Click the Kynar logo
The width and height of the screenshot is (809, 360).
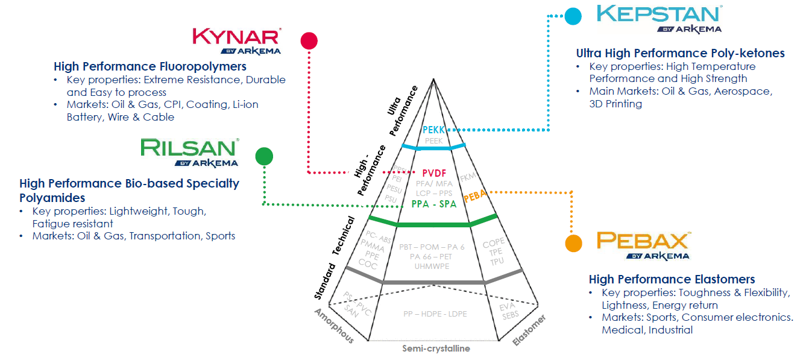click(236, 40)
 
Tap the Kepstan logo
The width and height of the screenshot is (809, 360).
click(658, 19)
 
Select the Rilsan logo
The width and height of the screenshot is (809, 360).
click(189, 152)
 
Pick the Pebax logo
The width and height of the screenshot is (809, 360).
click(642, 245)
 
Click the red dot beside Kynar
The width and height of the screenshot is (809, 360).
click(309, 40)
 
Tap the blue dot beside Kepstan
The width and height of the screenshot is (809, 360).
click(573, 16)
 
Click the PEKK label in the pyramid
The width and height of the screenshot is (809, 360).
click(433, 130)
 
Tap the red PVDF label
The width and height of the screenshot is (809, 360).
click(434, 173)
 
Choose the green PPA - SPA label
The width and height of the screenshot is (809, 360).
click(434, 204)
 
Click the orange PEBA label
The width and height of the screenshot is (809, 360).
click(476, 197)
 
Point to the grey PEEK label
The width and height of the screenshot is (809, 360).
click(434, 141)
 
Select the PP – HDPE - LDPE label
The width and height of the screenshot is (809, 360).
click(435, 314)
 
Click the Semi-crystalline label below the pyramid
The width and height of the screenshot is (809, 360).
click(436, 349)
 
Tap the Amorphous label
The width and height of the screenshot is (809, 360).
click(334, 326)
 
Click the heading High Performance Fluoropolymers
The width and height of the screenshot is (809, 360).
click(150, 66)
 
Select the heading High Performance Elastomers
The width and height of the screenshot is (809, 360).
click(672, 279)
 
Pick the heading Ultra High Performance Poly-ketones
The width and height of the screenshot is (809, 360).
click(680, 53)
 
